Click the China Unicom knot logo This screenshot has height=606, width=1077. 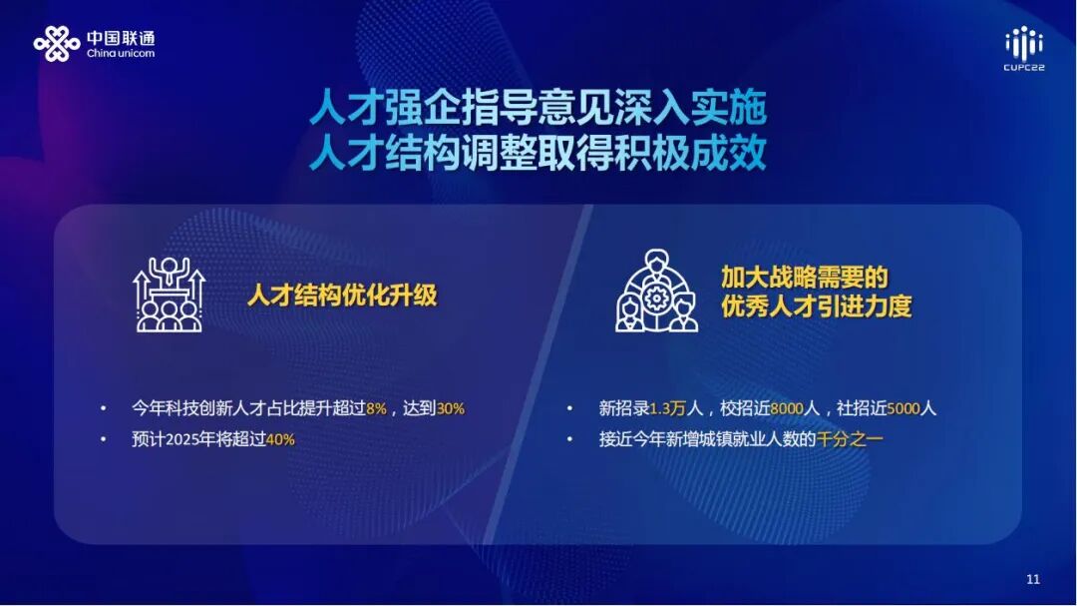(x=56, y=43)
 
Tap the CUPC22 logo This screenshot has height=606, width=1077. (x=1023, y=49)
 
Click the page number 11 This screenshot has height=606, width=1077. (x=1032, y=580)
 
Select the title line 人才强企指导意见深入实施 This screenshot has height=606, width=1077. (x=538, y=108)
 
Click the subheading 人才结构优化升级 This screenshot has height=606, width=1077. (x=342, y=296)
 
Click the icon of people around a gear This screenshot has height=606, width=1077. (x=656, y=292)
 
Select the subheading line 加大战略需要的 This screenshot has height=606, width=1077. (x=804, y=277)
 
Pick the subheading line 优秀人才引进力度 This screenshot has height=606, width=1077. (x=816, y=305)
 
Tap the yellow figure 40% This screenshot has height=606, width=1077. (x=279, y=439)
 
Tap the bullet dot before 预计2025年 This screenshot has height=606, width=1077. (x=103, y=439)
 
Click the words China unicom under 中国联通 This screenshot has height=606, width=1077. (x=121, y=54)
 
